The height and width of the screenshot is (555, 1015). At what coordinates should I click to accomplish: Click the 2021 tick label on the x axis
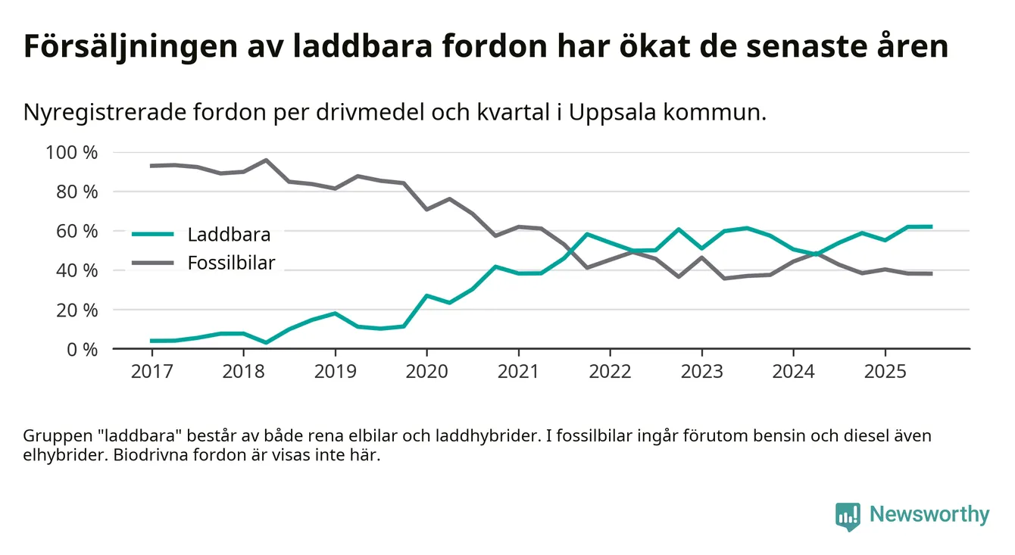518,373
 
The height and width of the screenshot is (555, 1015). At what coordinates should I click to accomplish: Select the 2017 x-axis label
151,373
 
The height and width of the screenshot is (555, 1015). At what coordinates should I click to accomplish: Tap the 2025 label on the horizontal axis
885,373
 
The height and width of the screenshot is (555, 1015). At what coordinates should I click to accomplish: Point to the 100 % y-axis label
72,152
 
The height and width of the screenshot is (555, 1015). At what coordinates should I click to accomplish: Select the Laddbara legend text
229,234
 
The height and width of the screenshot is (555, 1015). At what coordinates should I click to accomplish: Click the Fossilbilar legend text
231,263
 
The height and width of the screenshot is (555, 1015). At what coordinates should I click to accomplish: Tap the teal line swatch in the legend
153,234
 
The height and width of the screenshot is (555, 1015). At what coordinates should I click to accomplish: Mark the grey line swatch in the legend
153,263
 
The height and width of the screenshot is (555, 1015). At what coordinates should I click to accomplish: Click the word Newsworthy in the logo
929,515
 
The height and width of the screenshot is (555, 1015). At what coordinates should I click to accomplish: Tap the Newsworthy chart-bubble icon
848,515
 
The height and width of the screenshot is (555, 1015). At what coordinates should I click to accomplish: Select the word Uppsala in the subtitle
614,113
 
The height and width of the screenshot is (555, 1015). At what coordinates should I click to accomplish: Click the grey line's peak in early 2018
266,160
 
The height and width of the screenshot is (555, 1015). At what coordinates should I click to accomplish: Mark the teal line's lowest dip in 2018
266,342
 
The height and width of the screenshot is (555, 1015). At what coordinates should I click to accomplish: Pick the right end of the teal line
931,226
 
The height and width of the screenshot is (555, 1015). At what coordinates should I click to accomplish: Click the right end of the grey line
931,273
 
